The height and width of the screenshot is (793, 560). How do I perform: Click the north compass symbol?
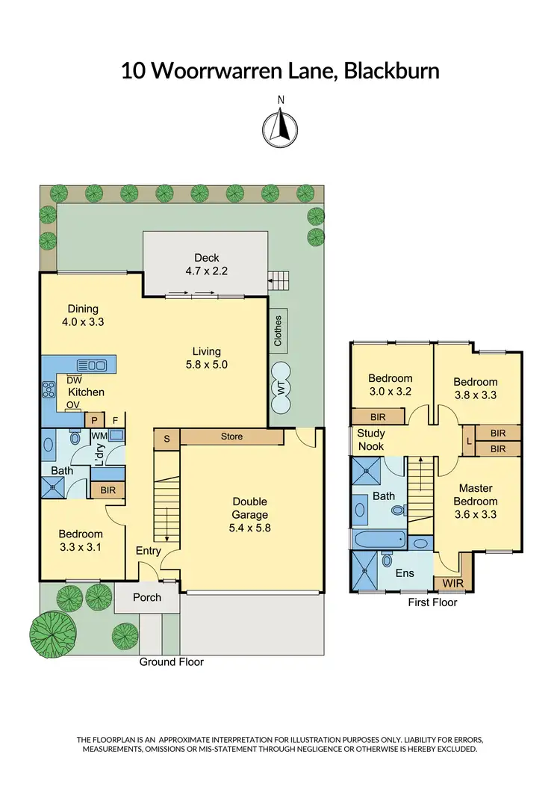pyautogui.click(x=281, y=126)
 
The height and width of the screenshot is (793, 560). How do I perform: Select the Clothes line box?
pyautogui.click(x=278, y=330)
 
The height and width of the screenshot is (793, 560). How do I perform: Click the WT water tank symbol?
pyautogui.click(x=282, y=388)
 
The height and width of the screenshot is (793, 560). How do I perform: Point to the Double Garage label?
pyautogui.click(x=249, y=508)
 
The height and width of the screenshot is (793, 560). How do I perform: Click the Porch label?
pyautogui.click(x=146, y=598)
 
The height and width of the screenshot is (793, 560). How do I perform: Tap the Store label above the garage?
pyautogui.click(x=231, y=436)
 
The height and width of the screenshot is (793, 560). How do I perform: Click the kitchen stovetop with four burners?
pyautogui.click(x=50, y=389)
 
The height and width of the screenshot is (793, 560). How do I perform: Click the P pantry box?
pyautogui.click(x=95, y=421)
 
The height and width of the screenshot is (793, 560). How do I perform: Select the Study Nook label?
pyautogui.click(x=370, y=439)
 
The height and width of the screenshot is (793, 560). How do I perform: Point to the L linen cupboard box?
pyautogui.click(x=468, y=441)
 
